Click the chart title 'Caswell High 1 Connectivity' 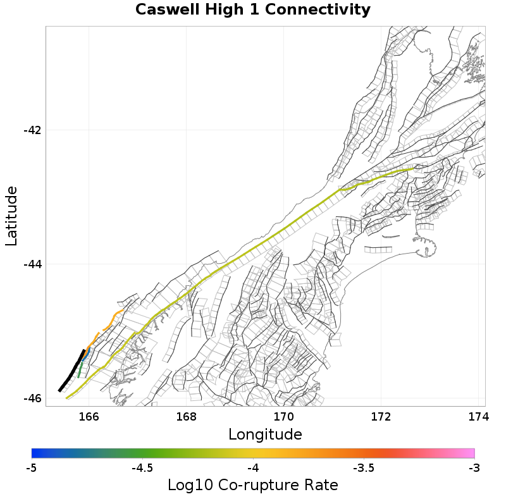pos(252,10)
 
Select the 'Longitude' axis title pos(264,434)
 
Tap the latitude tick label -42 pos(32,130)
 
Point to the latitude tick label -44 pos(32,264)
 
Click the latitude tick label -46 pos(32,398)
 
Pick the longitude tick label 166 pos(89,417)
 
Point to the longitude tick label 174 pos(478,417)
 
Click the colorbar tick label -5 pos(32,468)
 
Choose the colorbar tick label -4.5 pos(142,468)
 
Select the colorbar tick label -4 pos(253,468)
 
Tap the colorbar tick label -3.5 pos(364,468)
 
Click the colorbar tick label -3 pos(474,468)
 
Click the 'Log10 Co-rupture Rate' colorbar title pos(252,485)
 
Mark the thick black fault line pos(71,371)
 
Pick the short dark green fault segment pos(80,369)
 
